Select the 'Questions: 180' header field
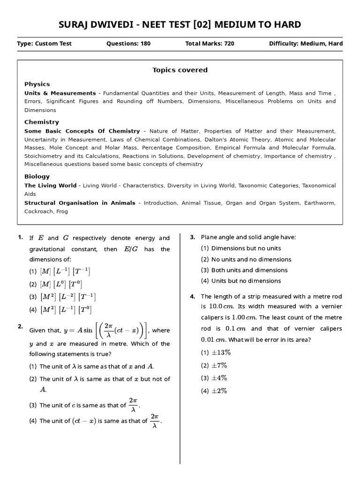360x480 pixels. [128, 44]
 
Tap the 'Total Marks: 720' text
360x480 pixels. [210, 44]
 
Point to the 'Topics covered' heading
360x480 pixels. [180, 70]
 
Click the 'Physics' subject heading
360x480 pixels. [37, 84]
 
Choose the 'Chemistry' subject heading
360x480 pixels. [42, 122]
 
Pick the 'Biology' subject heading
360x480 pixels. [37, 176]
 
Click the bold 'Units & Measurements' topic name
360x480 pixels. [60, 93]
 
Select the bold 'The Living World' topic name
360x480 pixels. [50, 186]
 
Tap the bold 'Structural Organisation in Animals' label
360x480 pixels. [80, 203]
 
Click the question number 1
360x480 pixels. [20, 237]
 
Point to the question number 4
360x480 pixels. [192, 296]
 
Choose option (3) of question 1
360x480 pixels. [62, 297]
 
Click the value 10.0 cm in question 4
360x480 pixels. [221, 307]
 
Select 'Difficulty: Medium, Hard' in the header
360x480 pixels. [306, 44]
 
